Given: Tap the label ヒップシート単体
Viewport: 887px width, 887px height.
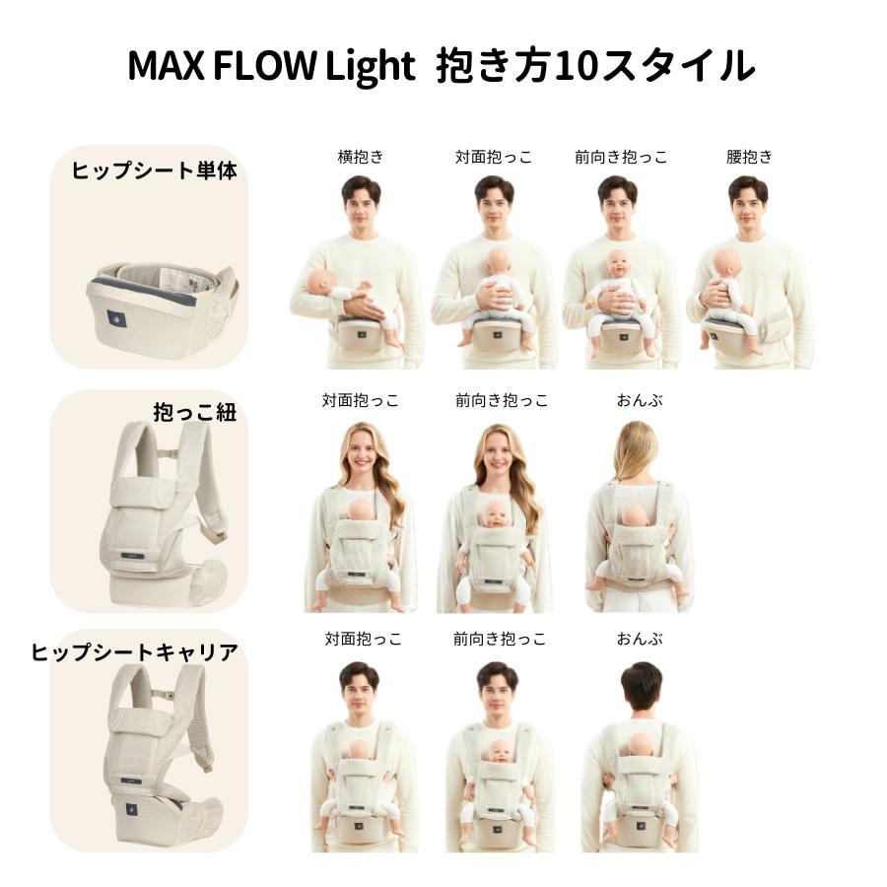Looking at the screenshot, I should [155, 170].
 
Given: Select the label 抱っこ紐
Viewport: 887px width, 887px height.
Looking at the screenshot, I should [195, 412].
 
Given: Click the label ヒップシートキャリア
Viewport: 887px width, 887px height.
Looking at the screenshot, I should [135, 651].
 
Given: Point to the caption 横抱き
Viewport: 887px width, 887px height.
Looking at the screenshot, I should [361, 157].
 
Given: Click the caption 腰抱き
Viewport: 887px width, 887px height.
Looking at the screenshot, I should [749, 157].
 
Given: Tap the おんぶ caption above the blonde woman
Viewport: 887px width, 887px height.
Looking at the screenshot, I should [641, 400].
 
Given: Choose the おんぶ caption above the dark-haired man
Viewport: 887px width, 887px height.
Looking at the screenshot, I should [641, 639].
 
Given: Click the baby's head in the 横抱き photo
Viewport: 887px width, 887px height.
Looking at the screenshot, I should [321, 282].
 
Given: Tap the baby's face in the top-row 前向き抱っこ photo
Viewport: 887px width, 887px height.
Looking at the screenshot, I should [619, 263].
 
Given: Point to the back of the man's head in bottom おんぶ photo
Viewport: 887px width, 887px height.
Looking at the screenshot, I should [642, 685].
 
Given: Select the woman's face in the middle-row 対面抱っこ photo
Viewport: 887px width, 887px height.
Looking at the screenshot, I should [360, 455].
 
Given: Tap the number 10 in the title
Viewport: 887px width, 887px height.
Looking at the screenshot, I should [578, 65].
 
